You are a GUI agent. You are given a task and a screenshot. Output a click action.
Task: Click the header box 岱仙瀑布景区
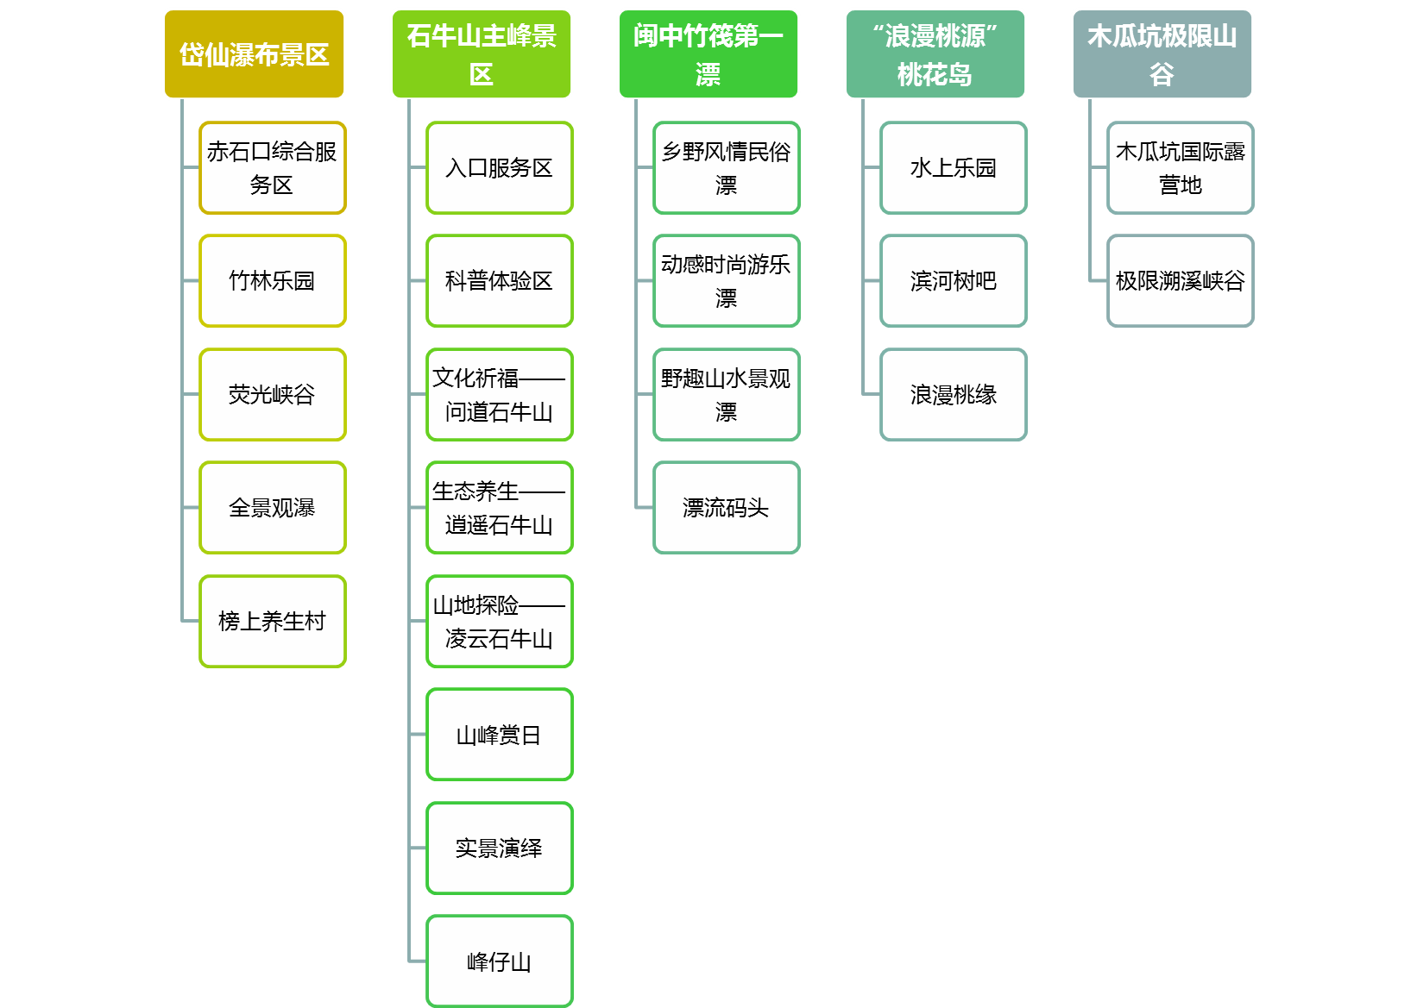point(254,54)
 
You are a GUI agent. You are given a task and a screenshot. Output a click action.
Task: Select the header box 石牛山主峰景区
point(482,54)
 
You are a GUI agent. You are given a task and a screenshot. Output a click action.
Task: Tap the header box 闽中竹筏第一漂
point(708,54)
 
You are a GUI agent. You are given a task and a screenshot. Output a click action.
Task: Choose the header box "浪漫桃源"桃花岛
point(935,54)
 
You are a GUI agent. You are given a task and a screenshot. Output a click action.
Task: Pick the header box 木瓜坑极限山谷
point(1162,54)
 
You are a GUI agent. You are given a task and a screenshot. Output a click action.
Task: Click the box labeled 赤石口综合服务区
point(273,168)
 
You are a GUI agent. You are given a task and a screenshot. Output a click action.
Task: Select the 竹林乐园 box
point(273,281)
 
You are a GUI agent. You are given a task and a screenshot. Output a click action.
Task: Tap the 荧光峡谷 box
point(273,395)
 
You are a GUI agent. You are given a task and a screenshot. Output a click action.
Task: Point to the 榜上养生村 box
point(273,622)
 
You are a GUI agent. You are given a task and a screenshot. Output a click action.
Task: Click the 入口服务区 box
point(500,168)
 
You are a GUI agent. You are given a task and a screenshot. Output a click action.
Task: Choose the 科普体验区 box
point(500,281)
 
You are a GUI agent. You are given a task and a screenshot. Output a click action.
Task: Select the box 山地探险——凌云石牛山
point(500,622)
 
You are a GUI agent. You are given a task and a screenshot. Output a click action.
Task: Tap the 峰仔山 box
point(500,961)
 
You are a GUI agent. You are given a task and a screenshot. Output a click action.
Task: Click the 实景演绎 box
point(500,848)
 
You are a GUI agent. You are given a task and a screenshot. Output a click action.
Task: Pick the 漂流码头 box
point(727,508)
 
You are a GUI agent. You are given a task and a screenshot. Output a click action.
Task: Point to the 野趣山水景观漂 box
point(727,395)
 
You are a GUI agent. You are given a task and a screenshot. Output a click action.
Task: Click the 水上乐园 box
point(954,168)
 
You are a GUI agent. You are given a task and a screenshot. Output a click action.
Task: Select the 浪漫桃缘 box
point(954,395)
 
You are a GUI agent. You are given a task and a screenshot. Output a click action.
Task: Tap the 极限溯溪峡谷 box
point(1181,281)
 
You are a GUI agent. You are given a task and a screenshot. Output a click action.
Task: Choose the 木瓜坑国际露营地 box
point(1181,168)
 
